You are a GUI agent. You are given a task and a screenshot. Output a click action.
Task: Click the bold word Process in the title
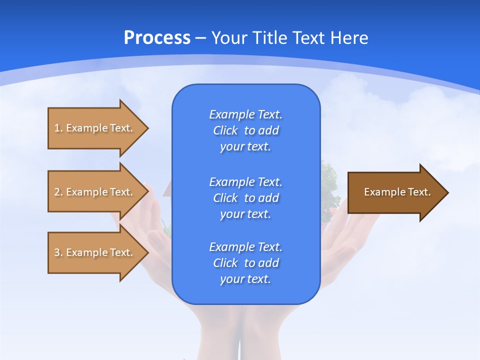pyautogui.click(x=157, y=37)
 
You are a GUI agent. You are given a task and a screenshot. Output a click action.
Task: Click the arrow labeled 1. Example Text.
pyautogui.click(x=95, y=128)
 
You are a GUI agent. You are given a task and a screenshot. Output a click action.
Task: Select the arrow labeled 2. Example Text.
pyautogui.click(x=95, y=192)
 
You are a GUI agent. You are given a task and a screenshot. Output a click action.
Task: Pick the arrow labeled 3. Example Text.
pyautogui.click(x=95, y=252)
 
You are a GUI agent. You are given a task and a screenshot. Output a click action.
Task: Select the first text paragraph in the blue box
pyautogui.click(x=245, y=130)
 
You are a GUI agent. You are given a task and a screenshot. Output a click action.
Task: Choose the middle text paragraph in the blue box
pyautogui.click(x=245, y=198)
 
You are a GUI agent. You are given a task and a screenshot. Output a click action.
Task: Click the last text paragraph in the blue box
pyautogui.click(x=245, y=263)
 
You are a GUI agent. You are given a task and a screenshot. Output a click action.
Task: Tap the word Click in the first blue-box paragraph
pyautogui.click(x=225, y=130)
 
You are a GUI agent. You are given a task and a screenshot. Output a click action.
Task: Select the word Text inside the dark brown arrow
pyautogui.click(x=419, y=192)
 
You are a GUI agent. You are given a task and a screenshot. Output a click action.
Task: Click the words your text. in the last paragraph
pyautogui.click(x=245, y=279)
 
